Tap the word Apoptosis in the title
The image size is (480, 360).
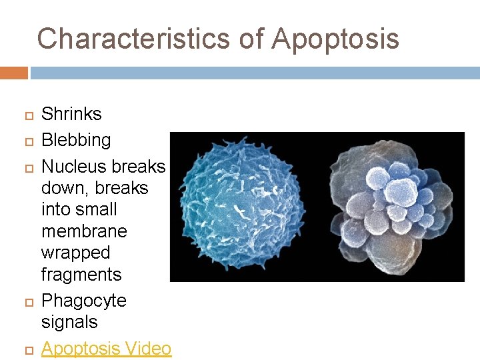pos(335,39)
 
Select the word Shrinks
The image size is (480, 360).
pos(71,114)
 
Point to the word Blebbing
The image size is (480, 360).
pos(76,140)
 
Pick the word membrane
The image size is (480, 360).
pos(84,231)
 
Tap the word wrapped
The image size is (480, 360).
pos(75,253)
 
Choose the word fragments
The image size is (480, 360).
pos(81,275)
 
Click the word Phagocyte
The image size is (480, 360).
pos(83,301)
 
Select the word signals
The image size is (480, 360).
pos(69,322)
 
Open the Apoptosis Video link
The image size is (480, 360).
pos(106,348)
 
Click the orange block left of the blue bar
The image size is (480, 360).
pos(13,73)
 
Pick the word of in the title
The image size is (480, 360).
pos(251,39)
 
